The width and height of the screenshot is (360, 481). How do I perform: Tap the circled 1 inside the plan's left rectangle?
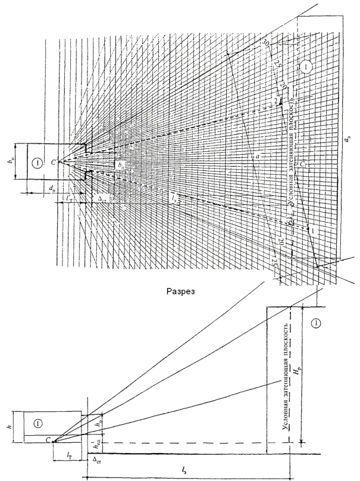[37, 162]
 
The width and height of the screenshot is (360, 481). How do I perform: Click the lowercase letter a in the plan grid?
[256, 157]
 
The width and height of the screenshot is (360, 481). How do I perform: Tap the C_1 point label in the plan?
[303, 162]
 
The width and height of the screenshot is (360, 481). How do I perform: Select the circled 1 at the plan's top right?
[305, 66]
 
